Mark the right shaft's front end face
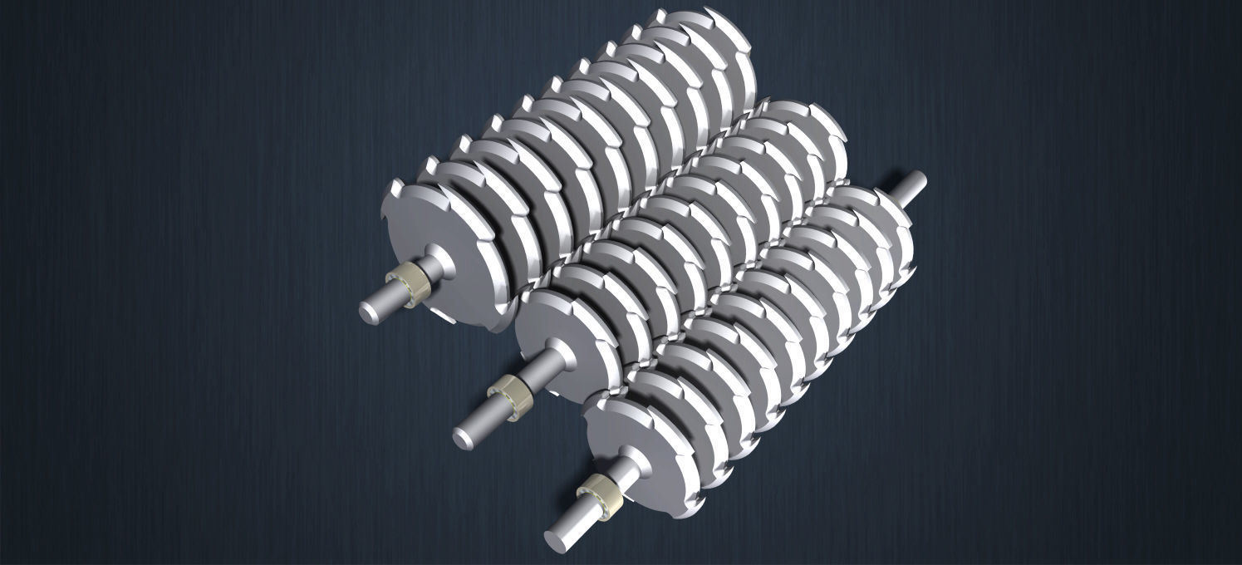[554, 538]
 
